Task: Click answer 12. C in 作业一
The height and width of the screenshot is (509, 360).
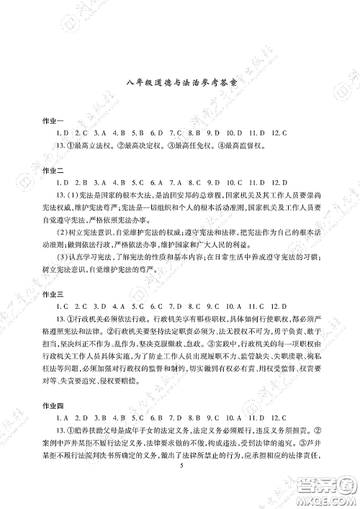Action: [278, 132]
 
